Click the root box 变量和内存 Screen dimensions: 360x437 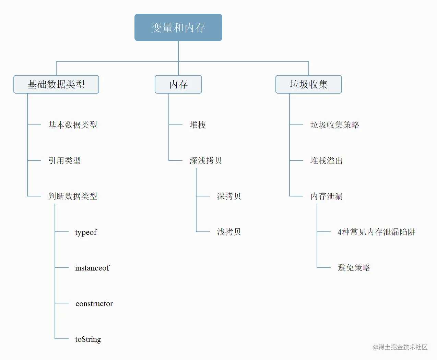point(178,27)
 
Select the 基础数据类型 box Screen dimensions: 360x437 point(56,84)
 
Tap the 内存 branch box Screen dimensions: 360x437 point(178,84)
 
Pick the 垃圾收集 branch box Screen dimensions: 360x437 point(309,84)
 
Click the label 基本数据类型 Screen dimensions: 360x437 point(73,125)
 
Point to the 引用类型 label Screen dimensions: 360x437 point(64,160)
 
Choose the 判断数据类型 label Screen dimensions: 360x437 point(73,196)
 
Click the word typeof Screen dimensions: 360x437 point(86,232)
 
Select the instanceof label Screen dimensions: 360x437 point(92,268)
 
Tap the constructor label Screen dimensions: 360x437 point(94,303)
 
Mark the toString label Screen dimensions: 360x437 point(88,339)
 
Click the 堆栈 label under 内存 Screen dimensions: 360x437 point(198,125)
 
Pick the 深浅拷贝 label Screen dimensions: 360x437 point(206,160)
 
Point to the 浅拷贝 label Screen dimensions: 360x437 point(229,232)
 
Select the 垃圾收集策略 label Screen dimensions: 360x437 point(335,125)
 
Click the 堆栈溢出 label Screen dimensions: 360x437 point(327,160)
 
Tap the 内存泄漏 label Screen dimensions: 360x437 point(327,196)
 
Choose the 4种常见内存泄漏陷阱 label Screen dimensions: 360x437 point(376,232)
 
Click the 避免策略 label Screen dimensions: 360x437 point(354,267)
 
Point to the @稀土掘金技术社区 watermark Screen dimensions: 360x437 point(400,347)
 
